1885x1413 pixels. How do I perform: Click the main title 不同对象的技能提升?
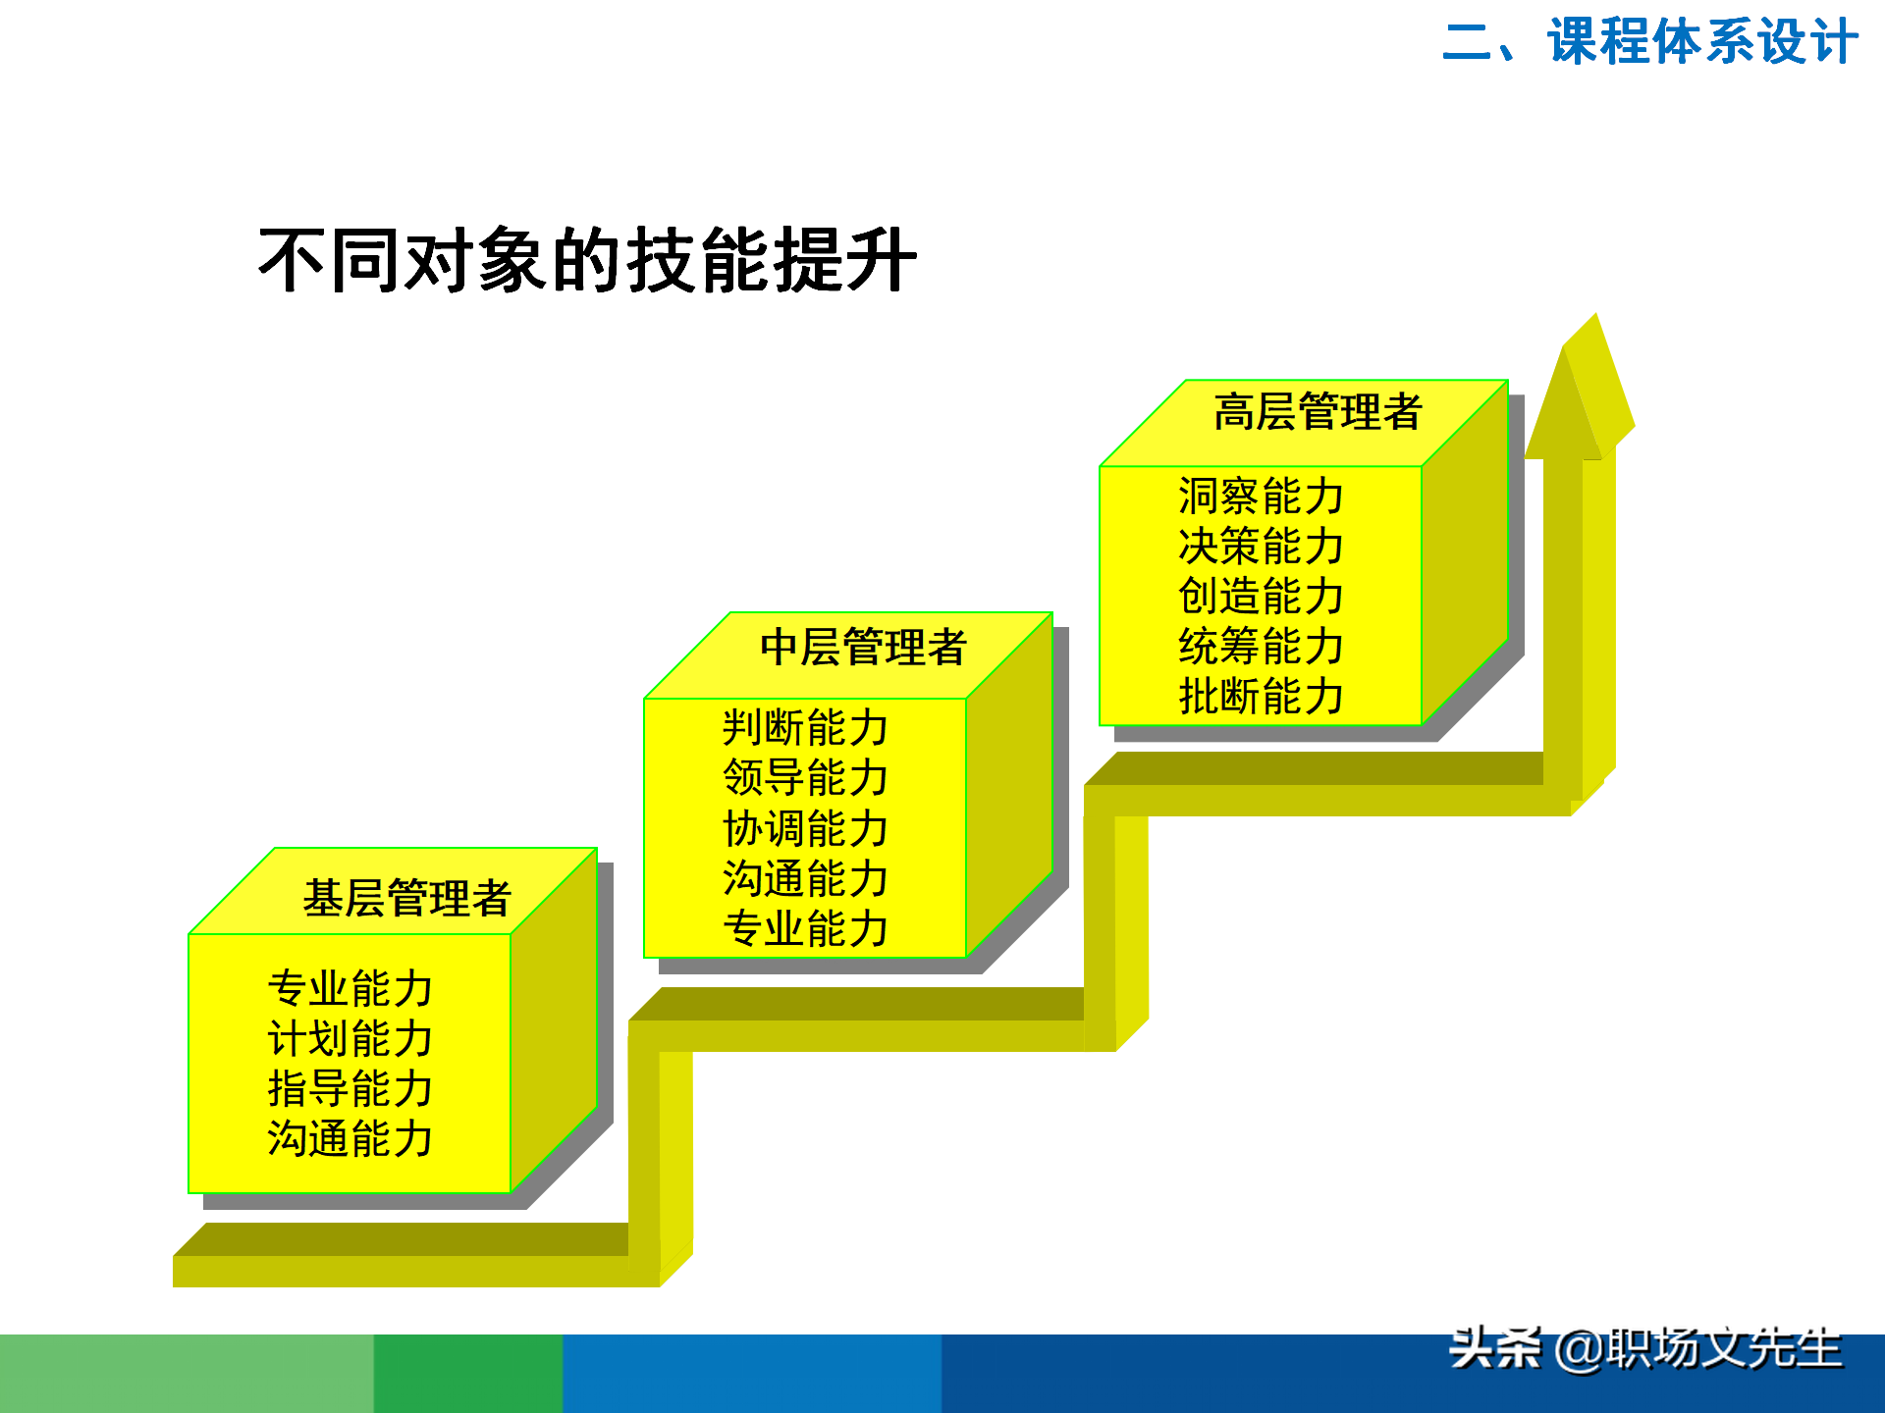click(587, 261)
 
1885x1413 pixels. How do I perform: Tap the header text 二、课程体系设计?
click(1649, 42)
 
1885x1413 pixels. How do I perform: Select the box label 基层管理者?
click(406, 898)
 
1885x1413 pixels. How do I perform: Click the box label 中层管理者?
click(863, 648)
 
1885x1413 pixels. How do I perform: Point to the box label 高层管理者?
click(1318, 412)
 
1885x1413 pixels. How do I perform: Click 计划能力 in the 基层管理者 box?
click(350, 1038)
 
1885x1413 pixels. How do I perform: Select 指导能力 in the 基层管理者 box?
click(350, 1088)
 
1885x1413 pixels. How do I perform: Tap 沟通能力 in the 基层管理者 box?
click(350, 1139)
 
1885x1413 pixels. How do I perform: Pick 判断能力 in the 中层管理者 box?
click(805, 728)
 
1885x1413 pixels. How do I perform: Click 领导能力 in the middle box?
click(805, 778)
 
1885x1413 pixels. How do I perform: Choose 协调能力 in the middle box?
click(805, 829)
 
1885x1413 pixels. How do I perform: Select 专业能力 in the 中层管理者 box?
click(805, 928)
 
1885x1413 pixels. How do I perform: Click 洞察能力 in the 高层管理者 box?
click(1261, 496)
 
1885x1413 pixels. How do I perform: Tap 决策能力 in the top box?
click(1261, 546)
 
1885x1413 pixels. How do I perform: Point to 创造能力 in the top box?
click(1261, 596)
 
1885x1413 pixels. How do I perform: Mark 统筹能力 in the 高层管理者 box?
click(1261, 646)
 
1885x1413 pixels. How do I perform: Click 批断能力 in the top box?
click(1261, 697)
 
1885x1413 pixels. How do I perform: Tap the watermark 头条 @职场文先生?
click(1645, 1349)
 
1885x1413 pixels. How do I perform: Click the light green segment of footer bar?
click(187, 1374)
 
